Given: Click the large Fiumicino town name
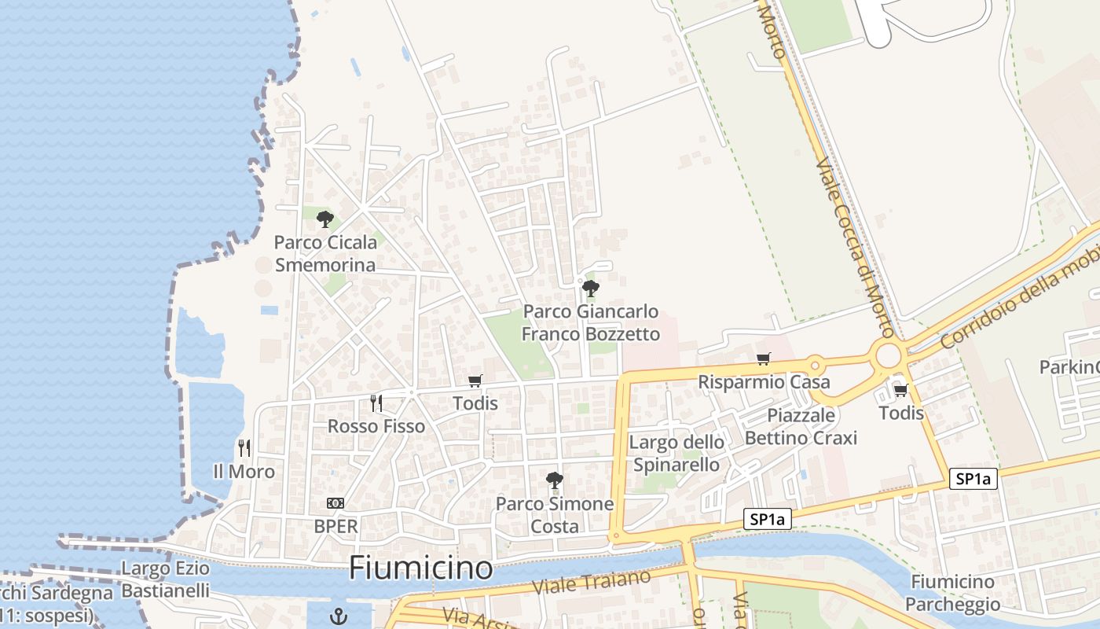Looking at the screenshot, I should [420, 568].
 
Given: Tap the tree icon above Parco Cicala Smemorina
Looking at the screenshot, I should [324, 219].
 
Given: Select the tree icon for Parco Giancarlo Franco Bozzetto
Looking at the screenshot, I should [591, 289].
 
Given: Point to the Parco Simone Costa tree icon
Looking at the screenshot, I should [555, 480].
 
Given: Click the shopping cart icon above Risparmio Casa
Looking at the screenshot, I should [763, 359].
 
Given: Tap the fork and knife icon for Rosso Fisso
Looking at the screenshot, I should [376, 403].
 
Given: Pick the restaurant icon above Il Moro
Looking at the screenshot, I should [244, 448].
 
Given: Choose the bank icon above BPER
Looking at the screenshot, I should [335, 503].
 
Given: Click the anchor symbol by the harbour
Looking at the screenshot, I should [339, 616].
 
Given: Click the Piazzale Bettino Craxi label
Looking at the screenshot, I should [801, 426].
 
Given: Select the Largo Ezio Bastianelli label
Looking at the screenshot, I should [166, 579].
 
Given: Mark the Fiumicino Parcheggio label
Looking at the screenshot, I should [952, 593].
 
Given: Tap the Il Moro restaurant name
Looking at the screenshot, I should [244, 472].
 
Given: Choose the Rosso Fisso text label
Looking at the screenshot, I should [376, 426].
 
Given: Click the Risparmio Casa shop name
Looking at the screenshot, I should [764, 382].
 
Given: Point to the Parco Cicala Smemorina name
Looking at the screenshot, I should [325, 253].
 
